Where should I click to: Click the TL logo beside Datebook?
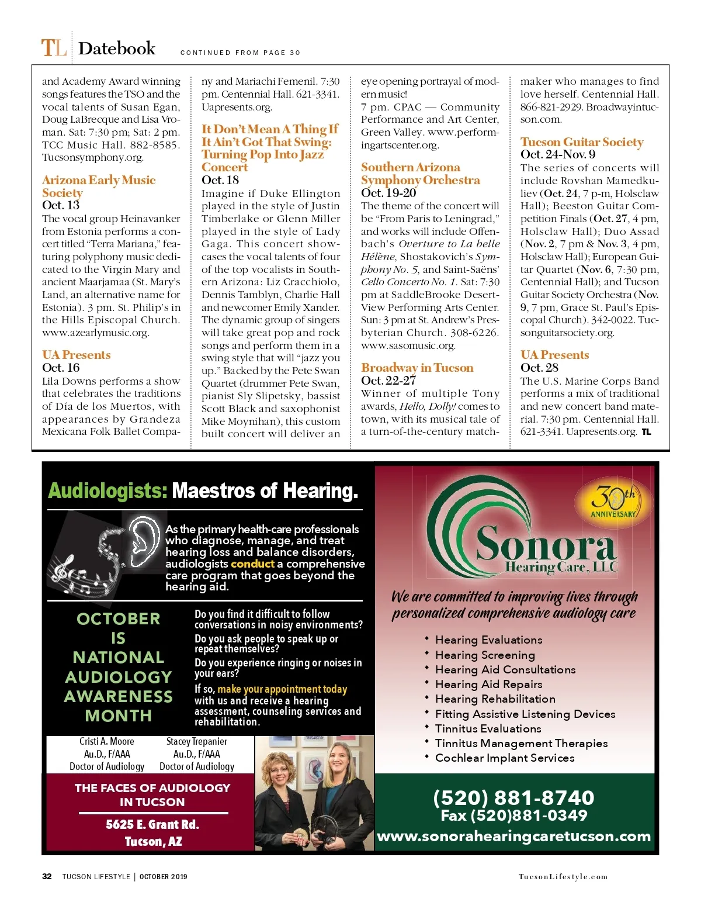coord(53,48)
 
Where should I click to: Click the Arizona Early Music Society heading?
coord(98,186)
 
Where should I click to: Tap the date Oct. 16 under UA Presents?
coord(61,368)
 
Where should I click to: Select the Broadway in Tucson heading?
coord(417,368)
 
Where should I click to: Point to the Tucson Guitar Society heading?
coord(582,142)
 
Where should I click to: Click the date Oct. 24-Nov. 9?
coord(558,154)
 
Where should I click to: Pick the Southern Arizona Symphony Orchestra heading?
coord(420,174)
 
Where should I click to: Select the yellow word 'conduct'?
coord(252,564)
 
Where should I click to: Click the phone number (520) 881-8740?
coord(513,797)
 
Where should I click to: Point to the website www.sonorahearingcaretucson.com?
coord(513,837)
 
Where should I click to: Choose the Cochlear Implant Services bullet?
coord(505,758)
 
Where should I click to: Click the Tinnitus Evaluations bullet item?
coord(488,729)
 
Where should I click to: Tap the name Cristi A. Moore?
coord(107,741)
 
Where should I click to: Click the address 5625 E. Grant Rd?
coord(152,825)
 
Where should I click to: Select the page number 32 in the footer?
coord(47,876)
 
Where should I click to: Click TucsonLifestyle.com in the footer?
coord(563,877)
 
